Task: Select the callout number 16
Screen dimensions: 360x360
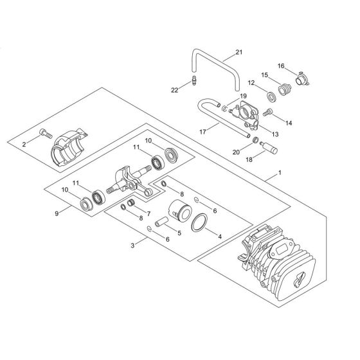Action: (x=281, y=65)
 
